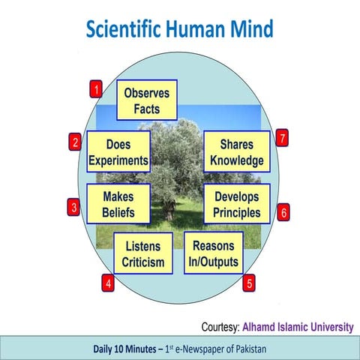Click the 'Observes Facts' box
pyautogui.click(x=148, y=101)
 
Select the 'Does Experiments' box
pyautogui.click(x=118, y=151)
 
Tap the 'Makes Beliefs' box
pyautogui.click(x=118, y=204)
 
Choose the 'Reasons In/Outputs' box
pyautogui.click(x=214, y=253)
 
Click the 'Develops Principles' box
pyautogui.click(x=237, y=204)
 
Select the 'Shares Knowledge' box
pyautogui.click(x=237, y=151)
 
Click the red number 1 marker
pyautogui.click(x=96, y=91)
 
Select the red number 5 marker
pyautogui.click(x=249, y=283)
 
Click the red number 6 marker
pyautogui.click(x=283, y=212)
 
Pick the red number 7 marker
pyautogui.click(x=282, y=138)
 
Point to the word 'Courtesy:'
pyautogui.click(x=220, y=328)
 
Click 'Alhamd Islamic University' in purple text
pyautogui.click(x=298, y=328)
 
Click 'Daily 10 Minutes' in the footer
pyautogui.click(x=124, y=349)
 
